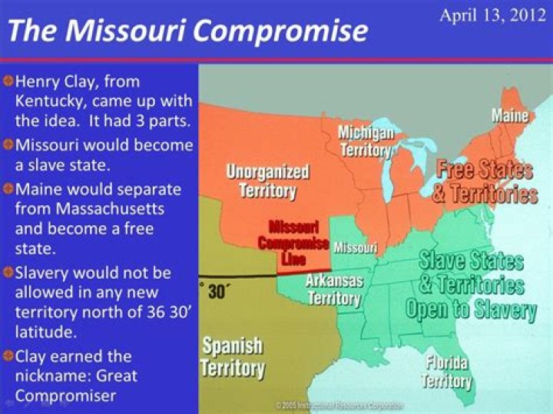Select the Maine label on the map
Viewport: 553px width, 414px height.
[510, 116]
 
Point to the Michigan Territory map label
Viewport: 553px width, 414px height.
[366, 141]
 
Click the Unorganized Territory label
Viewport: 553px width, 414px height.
[267, 181]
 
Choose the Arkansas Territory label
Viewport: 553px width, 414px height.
[334, 289]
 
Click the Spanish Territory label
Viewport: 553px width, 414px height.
[232, 357]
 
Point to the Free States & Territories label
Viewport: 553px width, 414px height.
[484, 181]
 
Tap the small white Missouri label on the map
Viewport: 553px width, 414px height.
[355, 247]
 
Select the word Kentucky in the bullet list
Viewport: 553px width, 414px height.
[47, 100]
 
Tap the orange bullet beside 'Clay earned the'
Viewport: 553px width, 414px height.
[7, 356]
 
